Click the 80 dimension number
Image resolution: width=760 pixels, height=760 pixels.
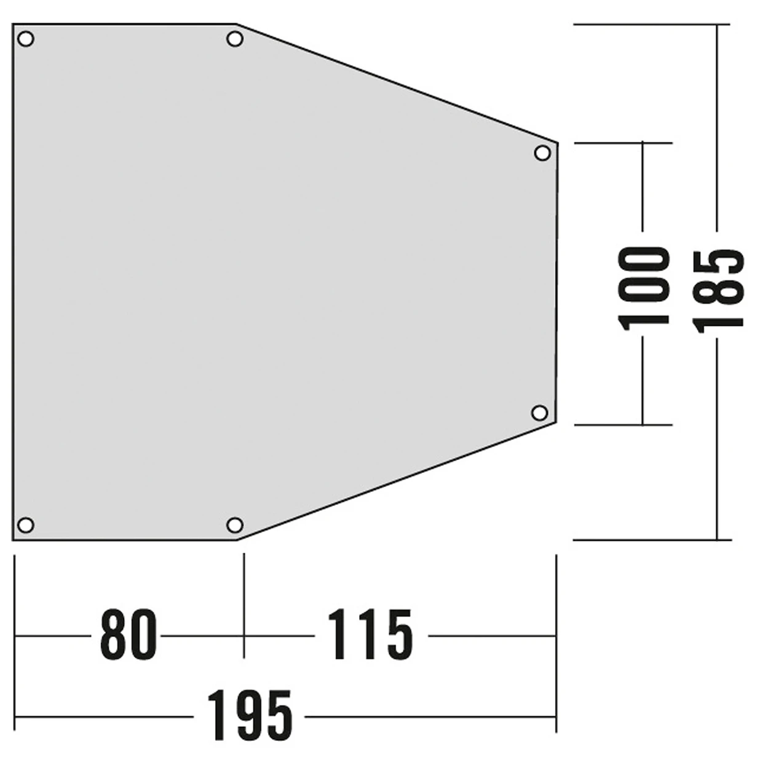tap(128, 635)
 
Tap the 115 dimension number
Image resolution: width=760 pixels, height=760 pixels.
tap(370, 635)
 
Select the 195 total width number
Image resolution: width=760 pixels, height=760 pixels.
tap(249, 716)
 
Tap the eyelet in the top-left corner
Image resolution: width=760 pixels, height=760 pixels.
tap(26, 39)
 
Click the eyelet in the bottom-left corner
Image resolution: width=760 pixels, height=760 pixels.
tap(25, 525)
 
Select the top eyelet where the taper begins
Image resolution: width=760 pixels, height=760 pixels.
tap(234, 39)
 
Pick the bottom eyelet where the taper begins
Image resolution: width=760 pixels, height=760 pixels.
tap(234, 525)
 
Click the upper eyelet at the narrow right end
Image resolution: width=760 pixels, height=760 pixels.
tap(542, 152)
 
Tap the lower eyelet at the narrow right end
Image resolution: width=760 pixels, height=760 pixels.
tap(539, 413)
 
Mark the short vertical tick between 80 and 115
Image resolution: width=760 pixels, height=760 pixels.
tap(244, 606)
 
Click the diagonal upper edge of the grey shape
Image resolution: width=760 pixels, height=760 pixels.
tap(397, 84)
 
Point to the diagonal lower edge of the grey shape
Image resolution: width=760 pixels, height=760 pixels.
tap(397, 482)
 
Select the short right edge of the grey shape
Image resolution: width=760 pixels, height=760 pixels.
tap(556, 283)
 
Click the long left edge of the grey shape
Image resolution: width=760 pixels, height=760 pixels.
tap(13, 283)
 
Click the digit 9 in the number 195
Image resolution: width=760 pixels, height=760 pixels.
tap(249, 716)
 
